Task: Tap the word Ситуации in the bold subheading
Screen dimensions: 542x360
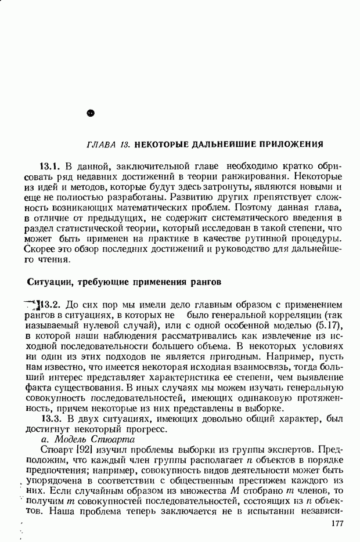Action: [x=49, y=282]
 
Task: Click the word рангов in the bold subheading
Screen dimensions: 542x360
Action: [x=206, y=282]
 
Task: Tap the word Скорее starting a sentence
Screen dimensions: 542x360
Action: [x=41, y=250]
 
